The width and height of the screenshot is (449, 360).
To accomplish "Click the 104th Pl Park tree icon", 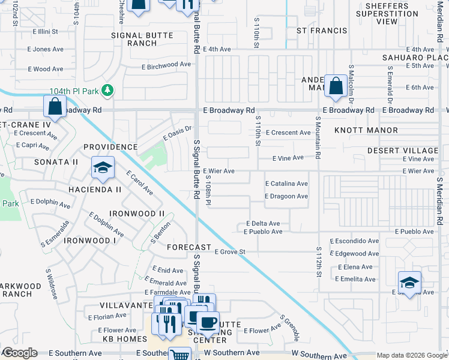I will coord(107,91).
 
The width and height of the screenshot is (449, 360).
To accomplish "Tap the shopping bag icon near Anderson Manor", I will coord(334,85).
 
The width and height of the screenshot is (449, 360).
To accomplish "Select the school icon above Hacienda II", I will coord(103,168).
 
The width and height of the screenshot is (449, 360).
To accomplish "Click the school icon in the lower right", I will coord(409,282).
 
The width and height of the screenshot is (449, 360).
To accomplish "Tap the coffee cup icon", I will coord(208,323).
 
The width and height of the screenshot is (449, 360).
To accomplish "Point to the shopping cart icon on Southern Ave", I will coord(179,355).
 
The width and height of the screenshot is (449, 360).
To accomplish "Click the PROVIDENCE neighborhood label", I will coord(110,147).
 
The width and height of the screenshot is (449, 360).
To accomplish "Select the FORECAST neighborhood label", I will coord(189,247).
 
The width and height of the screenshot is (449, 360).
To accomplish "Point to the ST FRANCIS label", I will coord(322,31).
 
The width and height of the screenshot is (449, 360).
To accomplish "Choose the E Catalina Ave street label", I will coord(286,184).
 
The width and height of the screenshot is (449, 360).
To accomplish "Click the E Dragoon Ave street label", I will coord(286,196).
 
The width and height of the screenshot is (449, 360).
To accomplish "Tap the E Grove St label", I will coord(229,252).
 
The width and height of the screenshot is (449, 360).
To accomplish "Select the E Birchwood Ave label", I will coord(166,65).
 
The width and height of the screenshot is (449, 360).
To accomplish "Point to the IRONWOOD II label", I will coord(137,214).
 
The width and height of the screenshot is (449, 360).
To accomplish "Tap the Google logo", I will coord(20,353).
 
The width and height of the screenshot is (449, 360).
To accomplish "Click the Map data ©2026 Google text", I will coord(412,355).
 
